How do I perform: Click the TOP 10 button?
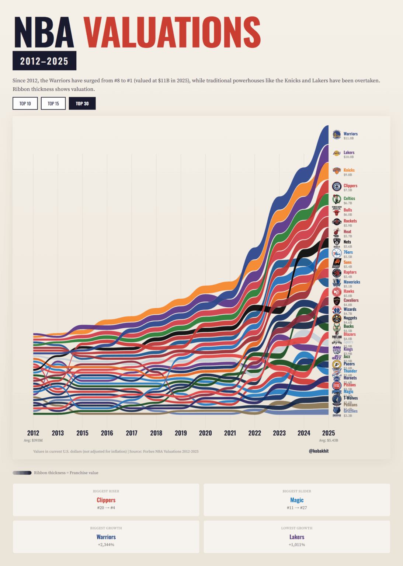(x=25, y=104)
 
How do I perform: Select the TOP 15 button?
(x=53, y=104)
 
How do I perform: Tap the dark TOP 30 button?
(x=82, y=104)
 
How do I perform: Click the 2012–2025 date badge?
(x=44, y=61)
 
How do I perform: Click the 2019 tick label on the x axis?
(x=181, y=433)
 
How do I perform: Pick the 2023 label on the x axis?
(x=279, y=433)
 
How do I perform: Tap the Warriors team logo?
(x=337, y=134)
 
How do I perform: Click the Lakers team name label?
(x=349, y=152)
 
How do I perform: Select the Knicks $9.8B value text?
(x=348, y=175)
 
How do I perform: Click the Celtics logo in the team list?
(x=337, y=199)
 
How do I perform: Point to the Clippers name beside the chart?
(x=350, y=186)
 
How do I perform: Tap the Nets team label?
(x=347, y=242)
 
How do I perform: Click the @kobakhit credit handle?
(x=319, y=451)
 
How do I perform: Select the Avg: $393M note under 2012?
(x=33, y=440)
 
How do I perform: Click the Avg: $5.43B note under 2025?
(x=329, y=440)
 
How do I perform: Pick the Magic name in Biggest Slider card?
(x=297, y=500)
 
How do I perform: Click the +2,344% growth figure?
(x=106, y=545)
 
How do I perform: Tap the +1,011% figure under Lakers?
(x=297, y=545)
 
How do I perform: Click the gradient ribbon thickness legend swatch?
(x=22, y=473)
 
